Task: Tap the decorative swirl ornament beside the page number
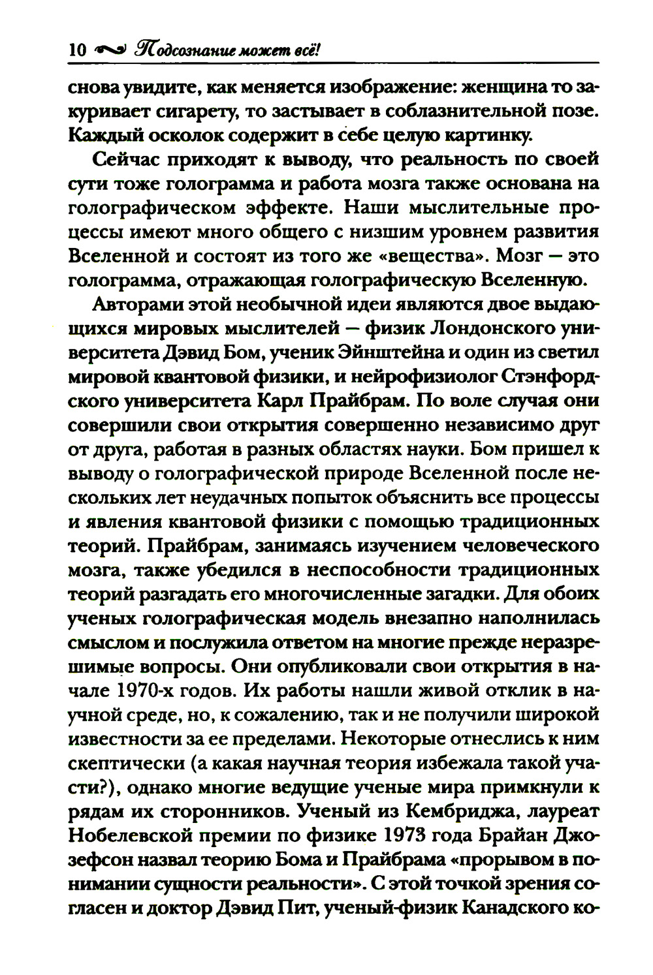(x=109, y=50)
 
